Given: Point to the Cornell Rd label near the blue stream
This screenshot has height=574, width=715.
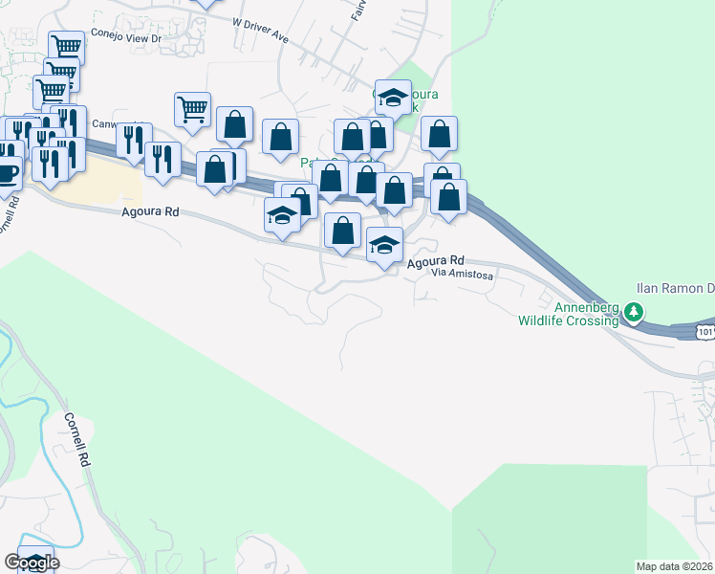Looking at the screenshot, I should point(77,439).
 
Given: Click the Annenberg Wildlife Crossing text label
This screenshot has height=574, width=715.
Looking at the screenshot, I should point(568,313).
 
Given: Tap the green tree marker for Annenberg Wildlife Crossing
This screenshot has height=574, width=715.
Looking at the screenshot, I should point(632,312).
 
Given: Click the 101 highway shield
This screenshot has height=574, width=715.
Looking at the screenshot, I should point(704,331).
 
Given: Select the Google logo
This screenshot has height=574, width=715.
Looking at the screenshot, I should point(32,563).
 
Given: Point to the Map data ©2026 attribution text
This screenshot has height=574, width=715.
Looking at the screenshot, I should point(675,565).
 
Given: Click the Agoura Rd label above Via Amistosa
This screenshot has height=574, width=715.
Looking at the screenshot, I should point(435,260).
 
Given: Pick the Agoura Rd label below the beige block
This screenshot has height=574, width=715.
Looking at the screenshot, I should point(151,214).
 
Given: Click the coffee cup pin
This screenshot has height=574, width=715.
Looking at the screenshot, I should point(8,173).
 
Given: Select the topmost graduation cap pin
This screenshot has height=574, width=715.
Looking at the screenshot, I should point(393,98).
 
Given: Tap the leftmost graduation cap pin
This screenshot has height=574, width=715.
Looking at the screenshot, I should point(283,215).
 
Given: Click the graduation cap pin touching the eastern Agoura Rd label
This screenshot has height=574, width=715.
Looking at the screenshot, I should point(384,245).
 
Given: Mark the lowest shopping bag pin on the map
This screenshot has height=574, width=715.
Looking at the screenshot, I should point(343,230).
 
